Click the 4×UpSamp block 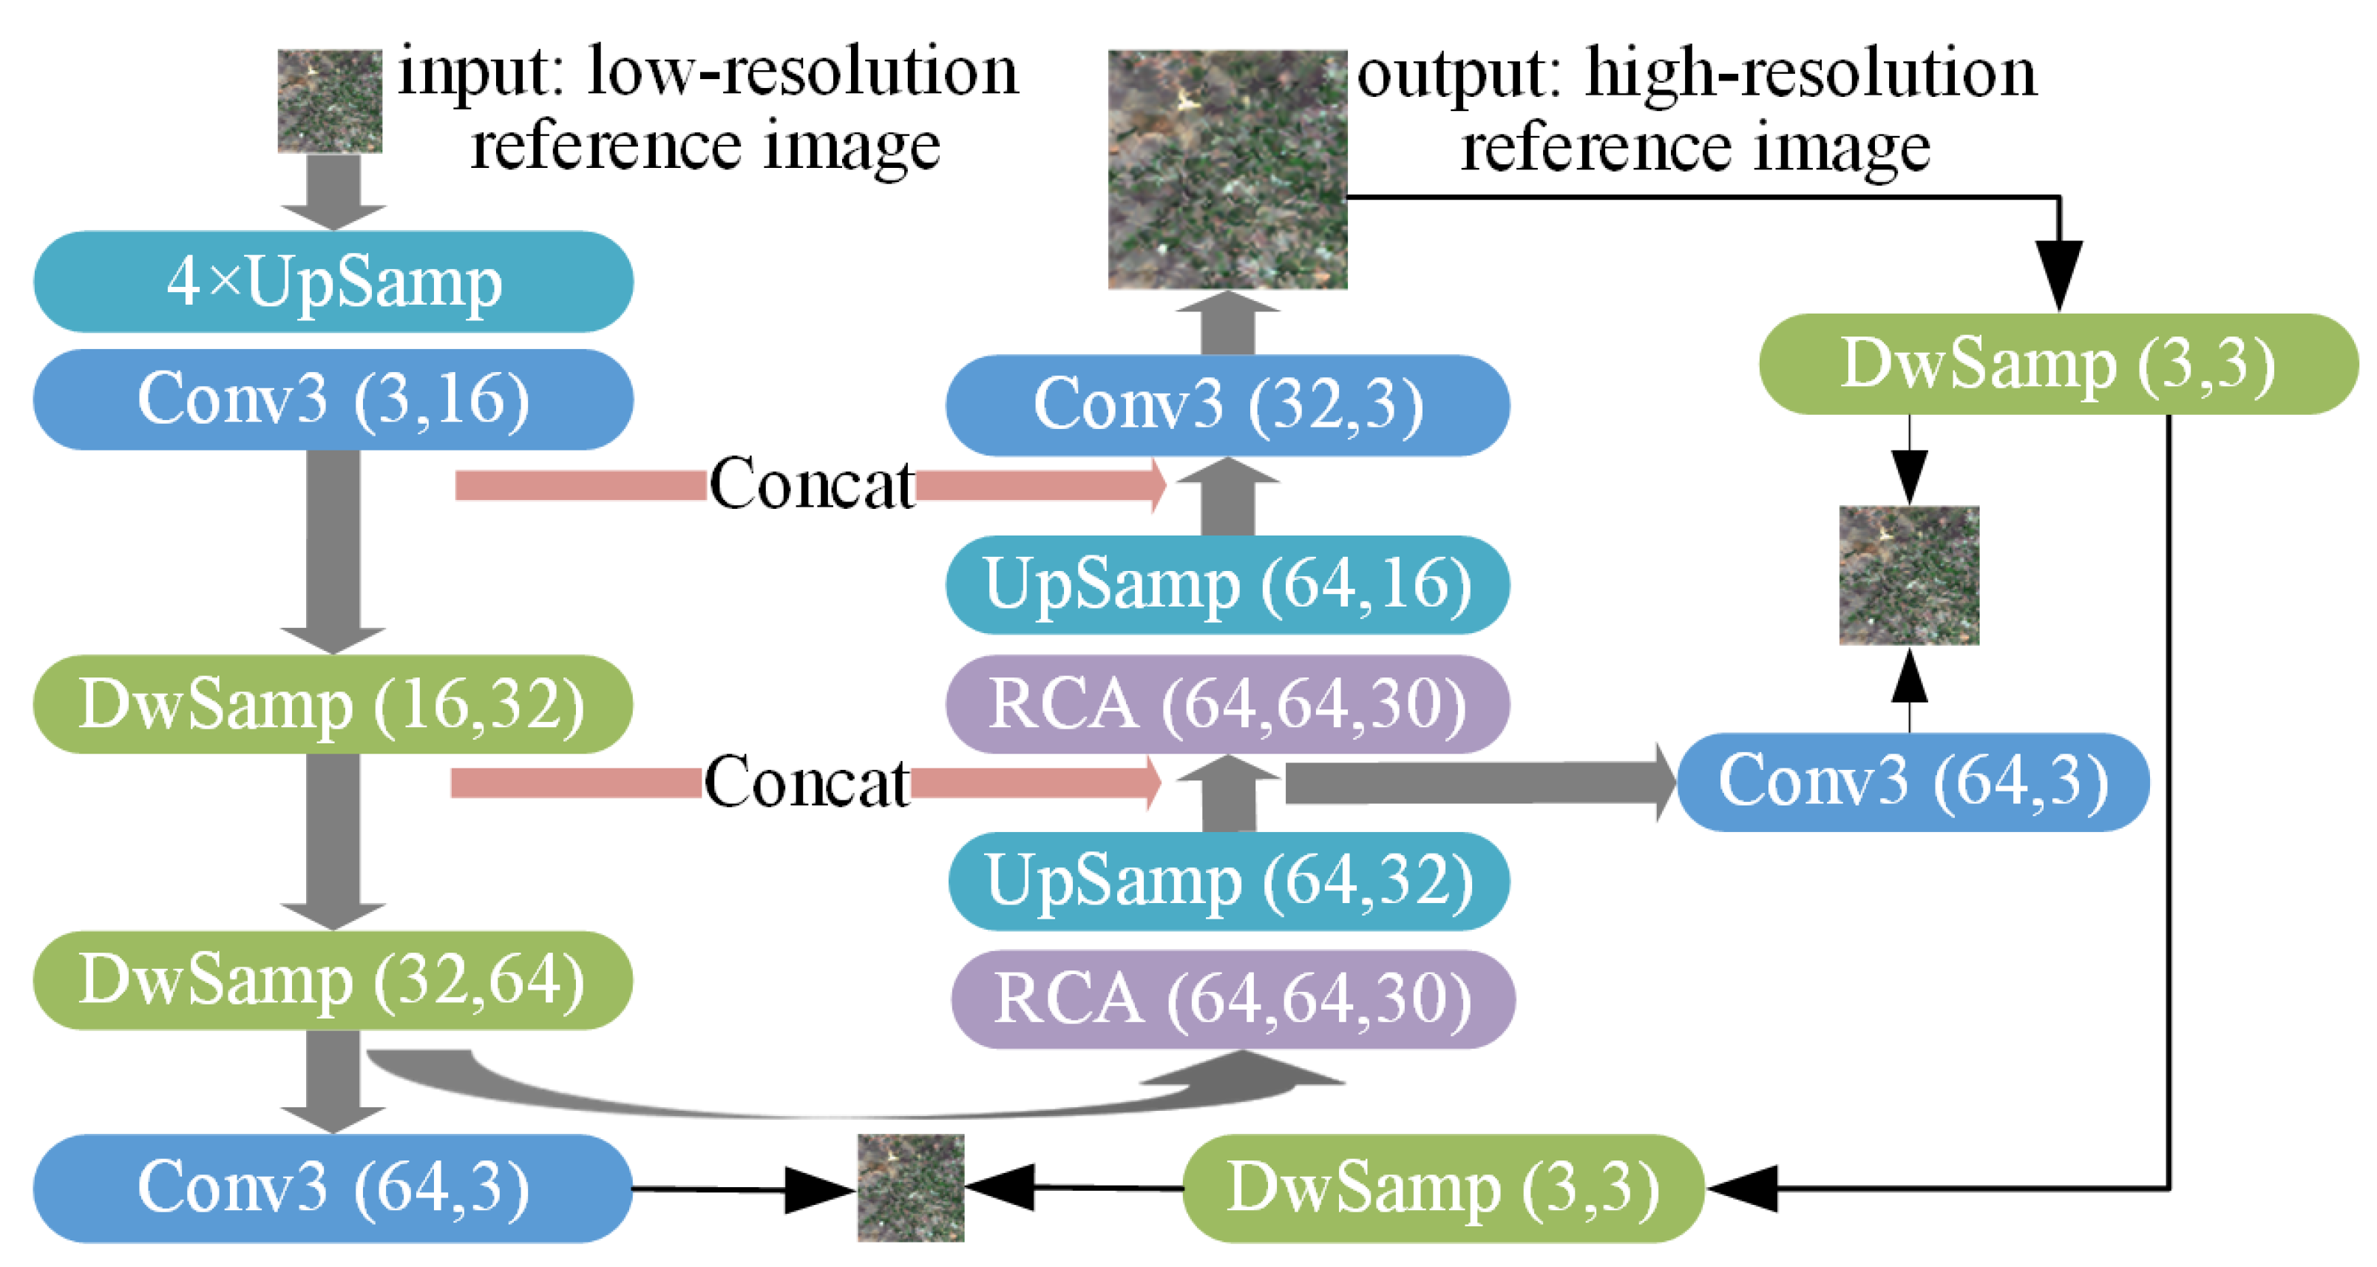tap(333, 282)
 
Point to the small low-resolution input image tap(330, 101)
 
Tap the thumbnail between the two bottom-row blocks tap(911, 1188)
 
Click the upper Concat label tap(811, 484)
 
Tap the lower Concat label tap(807, 783)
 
